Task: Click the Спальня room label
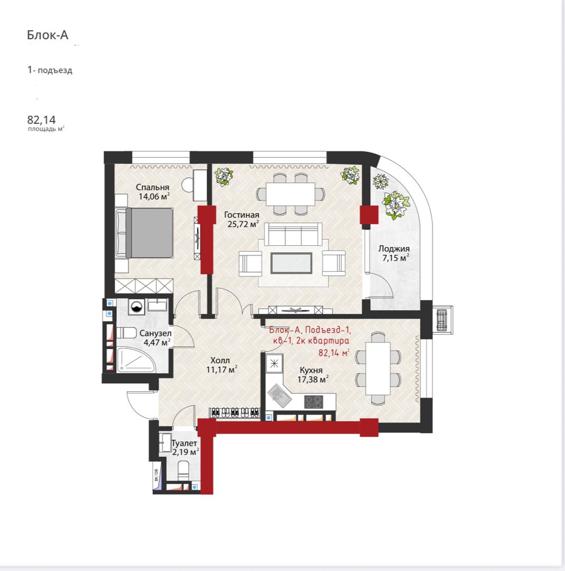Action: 153,187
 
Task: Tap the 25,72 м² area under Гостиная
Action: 243,224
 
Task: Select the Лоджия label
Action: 394,248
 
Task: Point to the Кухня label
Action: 311,370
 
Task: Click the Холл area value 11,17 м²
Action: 221,370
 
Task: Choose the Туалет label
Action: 184,443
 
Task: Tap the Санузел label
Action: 155,333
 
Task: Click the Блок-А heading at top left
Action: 48,34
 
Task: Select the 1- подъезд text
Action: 50,70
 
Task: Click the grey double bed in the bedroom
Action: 144,233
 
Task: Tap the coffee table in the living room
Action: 291,263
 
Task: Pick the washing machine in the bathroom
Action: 136,307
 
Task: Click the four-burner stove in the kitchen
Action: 313,402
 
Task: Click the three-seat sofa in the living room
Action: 293,234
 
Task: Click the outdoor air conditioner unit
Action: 442,320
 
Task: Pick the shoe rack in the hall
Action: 235,412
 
